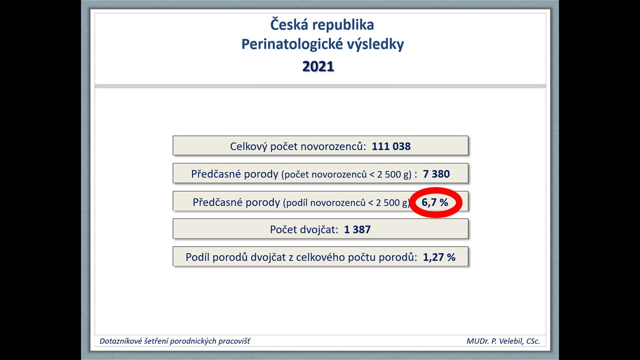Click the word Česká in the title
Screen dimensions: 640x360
289,24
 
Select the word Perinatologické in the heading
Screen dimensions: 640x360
292,44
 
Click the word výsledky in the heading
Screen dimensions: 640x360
375,44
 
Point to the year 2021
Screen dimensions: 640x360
318,66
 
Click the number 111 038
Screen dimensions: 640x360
391,146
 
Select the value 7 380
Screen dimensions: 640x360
436,173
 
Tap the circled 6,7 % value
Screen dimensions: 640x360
435,202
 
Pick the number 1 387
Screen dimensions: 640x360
357,229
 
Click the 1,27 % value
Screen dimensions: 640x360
439,257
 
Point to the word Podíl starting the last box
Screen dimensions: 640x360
197,257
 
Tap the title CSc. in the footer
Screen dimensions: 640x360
533,341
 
